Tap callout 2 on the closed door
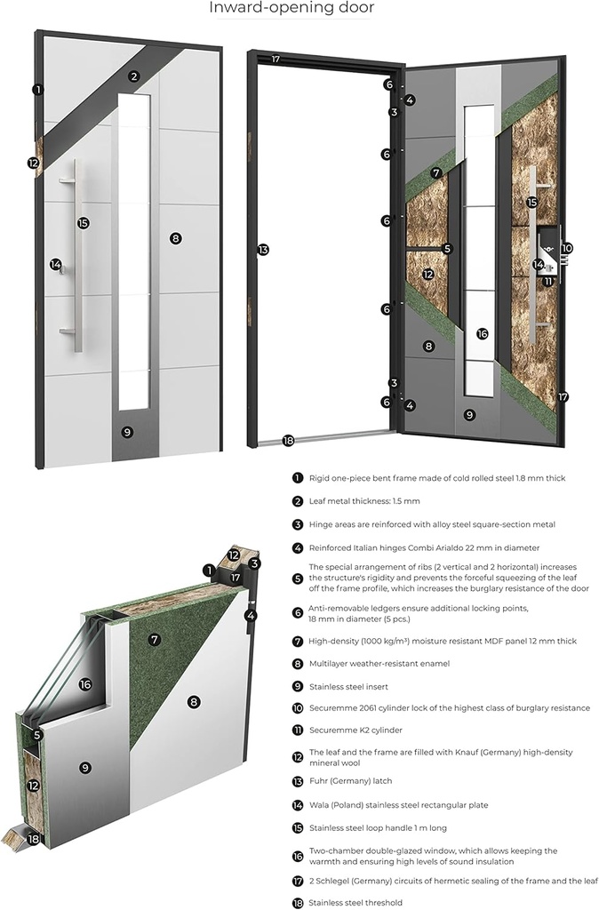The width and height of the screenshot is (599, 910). click(x=133, y=76)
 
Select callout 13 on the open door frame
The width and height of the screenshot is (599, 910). click(x=262, y=250)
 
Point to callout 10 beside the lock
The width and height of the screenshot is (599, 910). click(x=566, y=249)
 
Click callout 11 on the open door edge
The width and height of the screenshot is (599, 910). click(x=548, y=281)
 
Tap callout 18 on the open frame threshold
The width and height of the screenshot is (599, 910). click(x=287, y=440)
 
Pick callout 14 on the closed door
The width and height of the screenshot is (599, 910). click(x=56, y=264)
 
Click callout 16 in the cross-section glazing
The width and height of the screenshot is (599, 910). click(x=85, y=684)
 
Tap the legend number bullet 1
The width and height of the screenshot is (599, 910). click(x=298, y=478)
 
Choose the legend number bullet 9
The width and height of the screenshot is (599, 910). click(x=298, y=686)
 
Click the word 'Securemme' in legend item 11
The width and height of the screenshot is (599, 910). click(x=334, y=730)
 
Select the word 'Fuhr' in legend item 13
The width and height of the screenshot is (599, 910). click(x=320, y=781)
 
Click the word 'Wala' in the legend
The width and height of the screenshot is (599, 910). click(x=321, y=805)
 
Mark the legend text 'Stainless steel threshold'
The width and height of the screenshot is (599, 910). click(x=355, y=902)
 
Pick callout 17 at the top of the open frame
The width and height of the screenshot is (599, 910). click(x=276, y=60)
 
